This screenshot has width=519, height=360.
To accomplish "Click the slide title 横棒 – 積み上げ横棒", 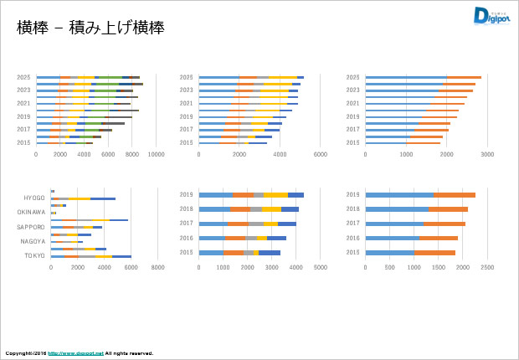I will click(90, 28).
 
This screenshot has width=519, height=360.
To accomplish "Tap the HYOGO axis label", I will click(34, 198).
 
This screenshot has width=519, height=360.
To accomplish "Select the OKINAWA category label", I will click(31, 212).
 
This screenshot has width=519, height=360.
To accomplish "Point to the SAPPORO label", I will click(31, 227).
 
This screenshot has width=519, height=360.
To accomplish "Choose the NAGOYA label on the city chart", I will click(33, 241).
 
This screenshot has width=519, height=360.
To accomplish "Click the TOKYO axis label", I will click(34, 255).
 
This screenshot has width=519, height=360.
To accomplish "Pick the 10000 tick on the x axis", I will click(156, 155).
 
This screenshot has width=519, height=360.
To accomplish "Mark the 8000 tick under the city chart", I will click(157, 268).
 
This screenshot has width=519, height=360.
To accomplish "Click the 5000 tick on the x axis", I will click(321, 268).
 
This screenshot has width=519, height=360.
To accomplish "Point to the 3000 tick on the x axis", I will click(487, 155).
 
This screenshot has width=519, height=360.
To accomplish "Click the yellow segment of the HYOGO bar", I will click(80, 198).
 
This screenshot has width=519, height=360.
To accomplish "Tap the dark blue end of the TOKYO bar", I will click(121, 256).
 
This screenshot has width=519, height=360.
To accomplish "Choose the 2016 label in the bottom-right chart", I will click(352, 238).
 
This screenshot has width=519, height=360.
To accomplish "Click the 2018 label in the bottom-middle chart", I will click(188, 208).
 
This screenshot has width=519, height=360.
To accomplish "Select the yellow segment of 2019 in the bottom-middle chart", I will click(275, 194).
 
